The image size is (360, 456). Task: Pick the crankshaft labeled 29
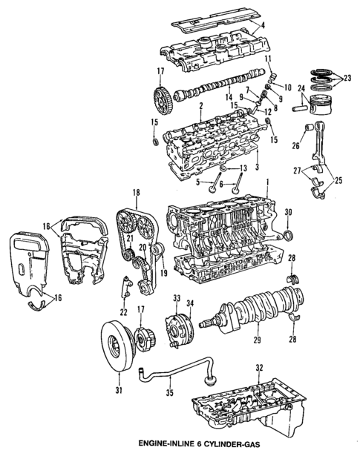pyautogui.click(x=256, y=311)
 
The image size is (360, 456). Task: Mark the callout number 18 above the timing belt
pyautogui.click(x=136, y=193)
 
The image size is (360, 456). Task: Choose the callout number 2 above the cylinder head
pyautogui.click(x=200, y=107)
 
